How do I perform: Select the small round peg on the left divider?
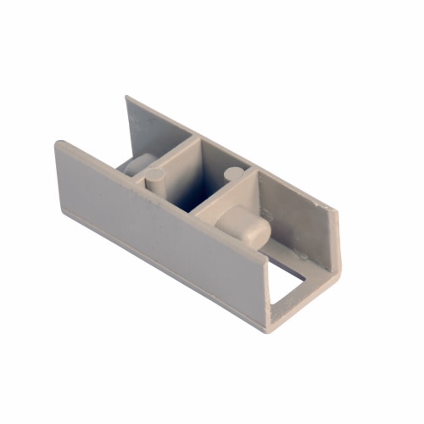tap(156, 177)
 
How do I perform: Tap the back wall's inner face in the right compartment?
tap(293, 212)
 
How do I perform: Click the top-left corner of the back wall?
tap(127, 97)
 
